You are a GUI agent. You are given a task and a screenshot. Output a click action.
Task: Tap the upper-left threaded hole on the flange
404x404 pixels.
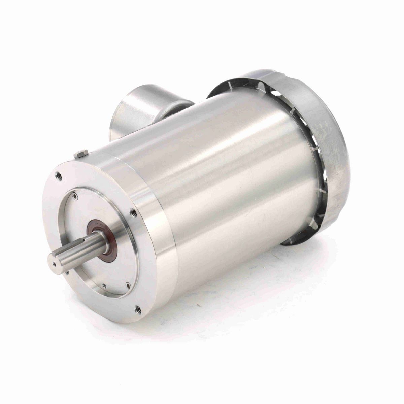(59, 175)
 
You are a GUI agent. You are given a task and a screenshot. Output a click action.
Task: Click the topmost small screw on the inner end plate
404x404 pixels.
(75, 194)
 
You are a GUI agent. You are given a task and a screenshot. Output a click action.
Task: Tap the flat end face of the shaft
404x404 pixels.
(54, 264)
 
